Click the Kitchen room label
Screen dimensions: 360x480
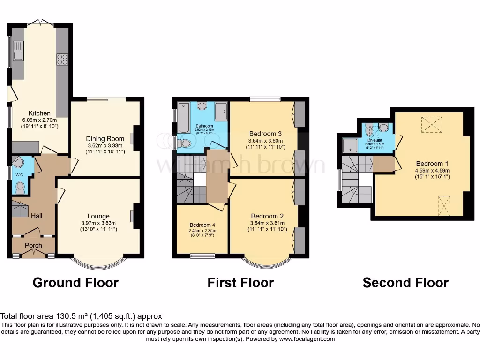click(39, 113)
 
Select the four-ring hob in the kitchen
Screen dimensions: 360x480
click(62, 60)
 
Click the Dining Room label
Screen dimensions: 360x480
click(105, 139)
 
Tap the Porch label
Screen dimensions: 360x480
click(33, 245)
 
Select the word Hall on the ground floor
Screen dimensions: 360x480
click(37, 216)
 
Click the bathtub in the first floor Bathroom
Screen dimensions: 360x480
click(183, 117)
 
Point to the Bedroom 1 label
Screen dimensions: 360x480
click(432, 164)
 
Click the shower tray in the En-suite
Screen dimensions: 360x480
click(349, 146)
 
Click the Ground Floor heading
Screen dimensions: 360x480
click(75, 283)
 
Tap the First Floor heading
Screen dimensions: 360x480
click(240, 283)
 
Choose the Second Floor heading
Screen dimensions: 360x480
click(405, 283)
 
